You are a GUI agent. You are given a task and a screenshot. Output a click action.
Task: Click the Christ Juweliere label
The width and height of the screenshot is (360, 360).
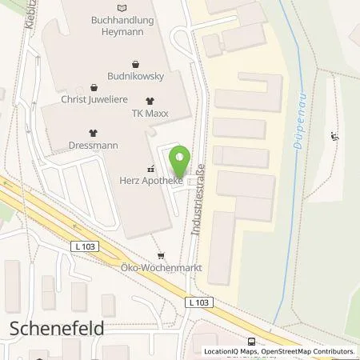click(94, 101)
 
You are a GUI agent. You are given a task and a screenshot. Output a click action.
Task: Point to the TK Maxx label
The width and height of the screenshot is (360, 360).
click(150, 114)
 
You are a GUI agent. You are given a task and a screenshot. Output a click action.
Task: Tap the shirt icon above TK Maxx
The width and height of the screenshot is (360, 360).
click(150, 102)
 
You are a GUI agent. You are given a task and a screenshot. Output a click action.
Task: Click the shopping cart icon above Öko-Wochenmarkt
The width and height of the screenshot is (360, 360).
click(162, 257)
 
